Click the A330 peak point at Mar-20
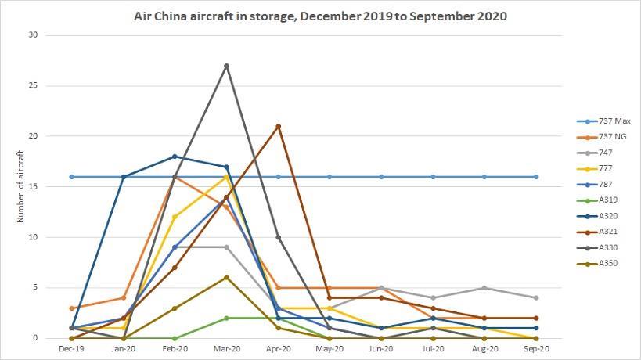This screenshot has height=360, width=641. (x=226, y=66)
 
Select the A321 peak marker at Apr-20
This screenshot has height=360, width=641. (x=278, y=126)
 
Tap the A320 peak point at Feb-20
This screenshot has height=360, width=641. (x=175, y=157)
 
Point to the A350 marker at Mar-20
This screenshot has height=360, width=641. (x=226, y=278)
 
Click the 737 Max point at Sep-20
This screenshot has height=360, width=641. (x=536, y=177)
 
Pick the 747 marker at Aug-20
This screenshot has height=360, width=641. (x=484, y=288)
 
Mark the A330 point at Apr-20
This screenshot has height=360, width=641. (x=278, y=237)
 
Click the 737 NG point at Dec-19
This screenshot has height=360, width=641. (x=71, y=308)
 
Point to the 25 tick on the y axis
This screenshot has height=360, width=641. (x=32, y=85)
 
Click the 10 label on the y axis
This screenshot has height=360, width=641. (x=32, y=237)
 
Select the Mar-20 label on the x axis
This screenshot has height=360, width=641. (x=226, y=348)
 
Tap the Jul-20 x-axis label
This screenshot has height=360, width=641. (x=433, y=348)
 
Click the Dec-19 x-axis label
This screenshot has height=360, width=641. (x=71, y=348)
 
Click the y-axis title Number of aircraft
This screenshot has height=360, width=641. (x=21, y=187)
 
